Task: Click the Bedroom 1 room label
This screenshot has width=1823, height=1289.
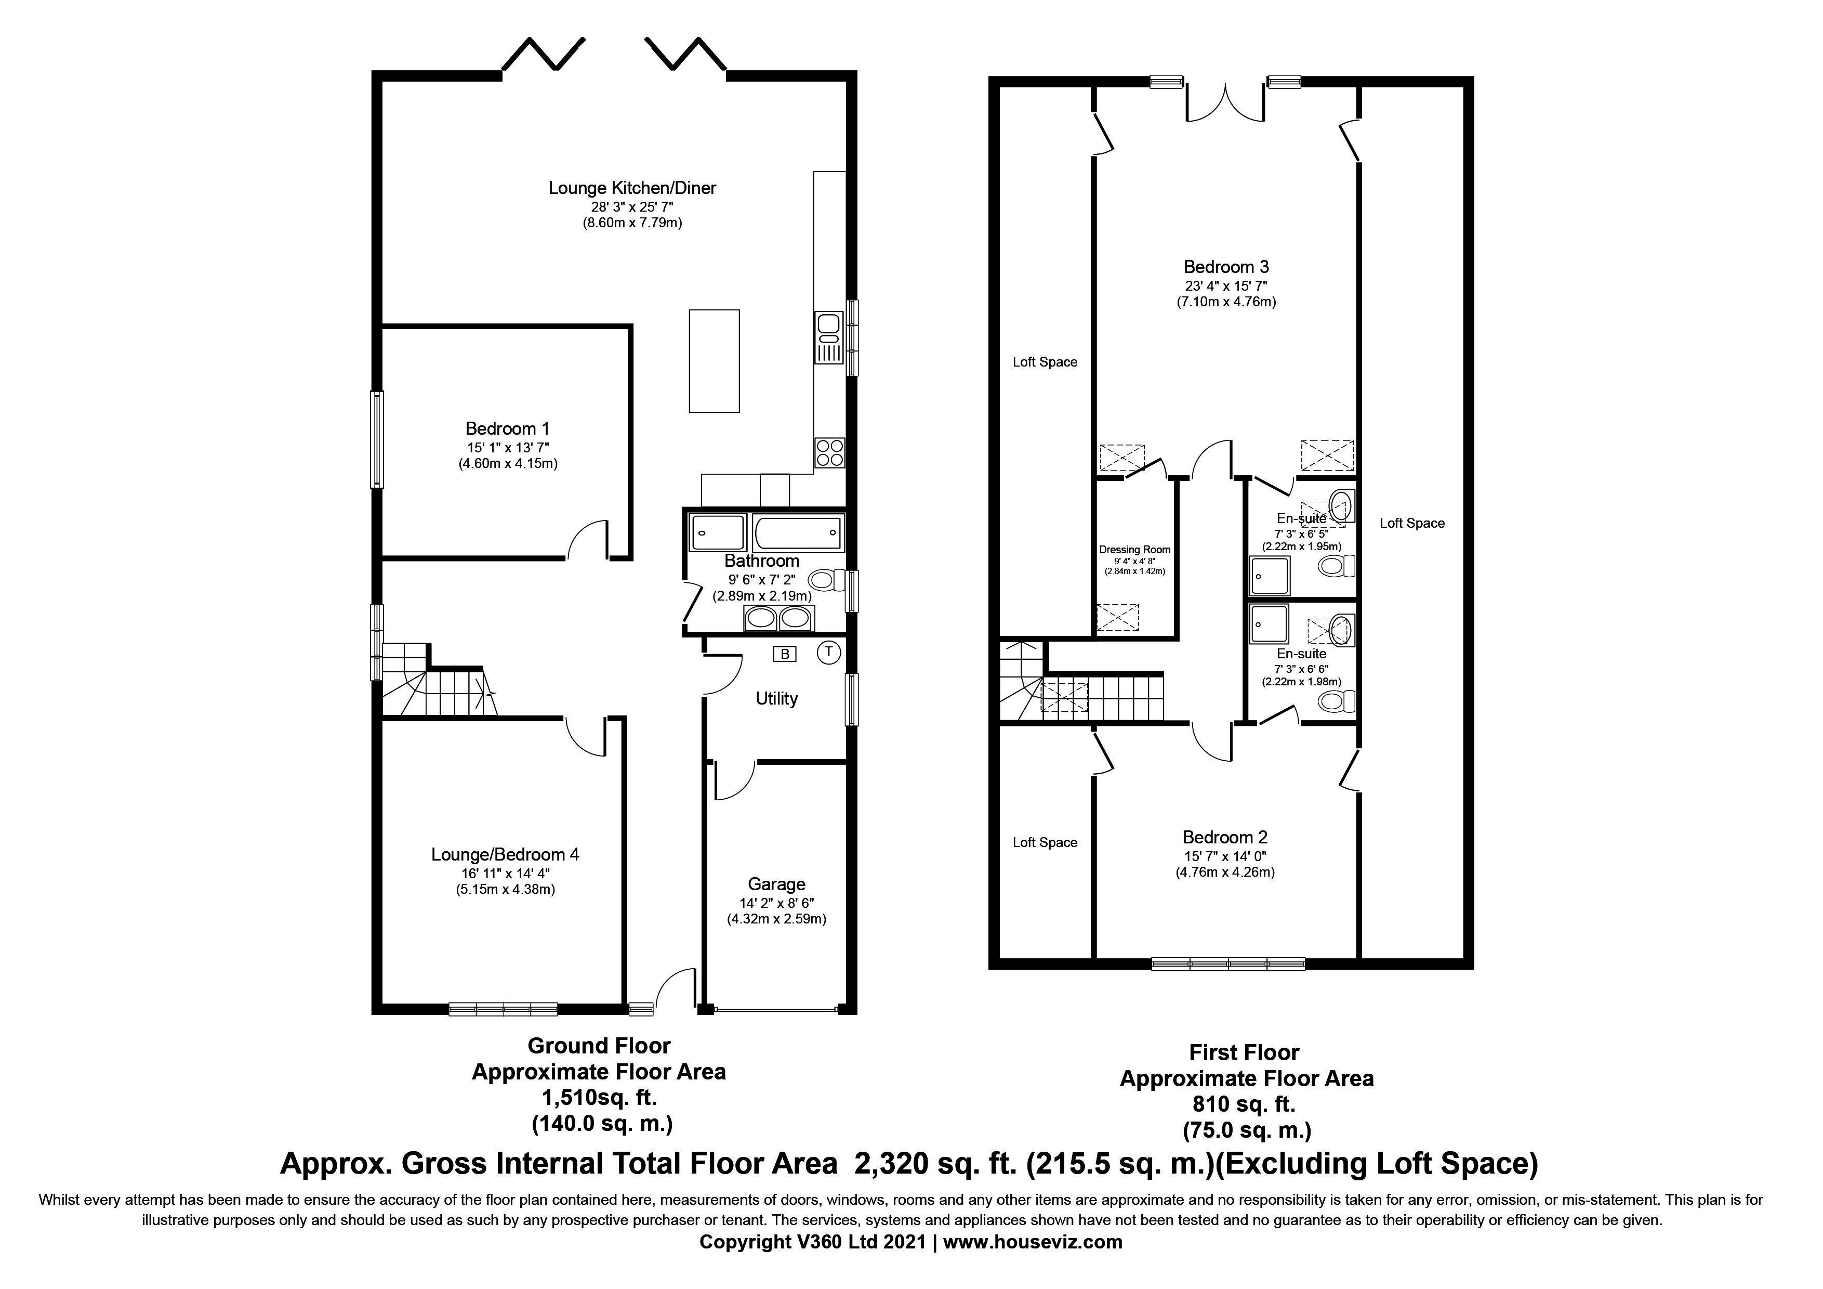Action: [507, 429]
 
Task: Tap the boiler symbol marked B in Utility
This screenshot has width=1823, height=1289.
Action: [785, 655]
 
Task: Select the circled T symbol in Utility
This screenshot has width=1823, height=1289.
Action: [829, 652]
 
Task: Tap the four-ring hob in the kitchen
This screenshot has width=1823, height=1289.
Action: [829, 453]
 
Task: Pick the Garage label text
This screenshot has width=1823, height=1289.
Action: [776, 884]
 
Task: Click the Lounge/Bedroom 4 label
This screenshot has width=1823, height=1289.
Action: [505, 855]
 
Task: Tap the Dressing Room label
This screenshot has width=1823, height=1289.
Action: [1134, 550]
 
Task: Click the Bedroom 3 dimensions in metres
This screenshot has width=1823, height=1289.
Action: [1226, 302]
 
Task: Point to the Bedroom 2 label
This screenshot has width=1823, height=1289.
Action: [1225, 837]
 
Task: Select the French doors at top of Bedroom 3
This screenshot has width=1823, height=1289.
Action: [1225, 104]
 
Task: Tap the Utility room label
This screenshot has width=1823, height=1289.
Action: [776, 699]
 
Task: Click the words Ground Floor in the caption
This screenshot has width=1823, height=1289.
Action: [599, 1046]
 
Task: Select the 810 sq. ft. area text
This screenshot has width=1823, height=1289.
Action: [1244, 1104]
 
